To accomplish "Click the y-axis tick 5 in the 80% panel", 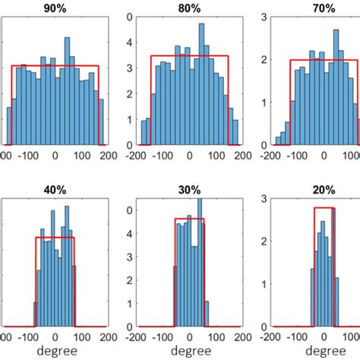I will pyautogui.click(x=131, y=15).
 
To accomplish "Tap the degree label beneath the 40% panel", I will pyautogui.click(x=55, y=352).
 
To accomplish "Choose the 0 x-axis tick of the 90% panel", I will pyautogui.click(x=55, y=156).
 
